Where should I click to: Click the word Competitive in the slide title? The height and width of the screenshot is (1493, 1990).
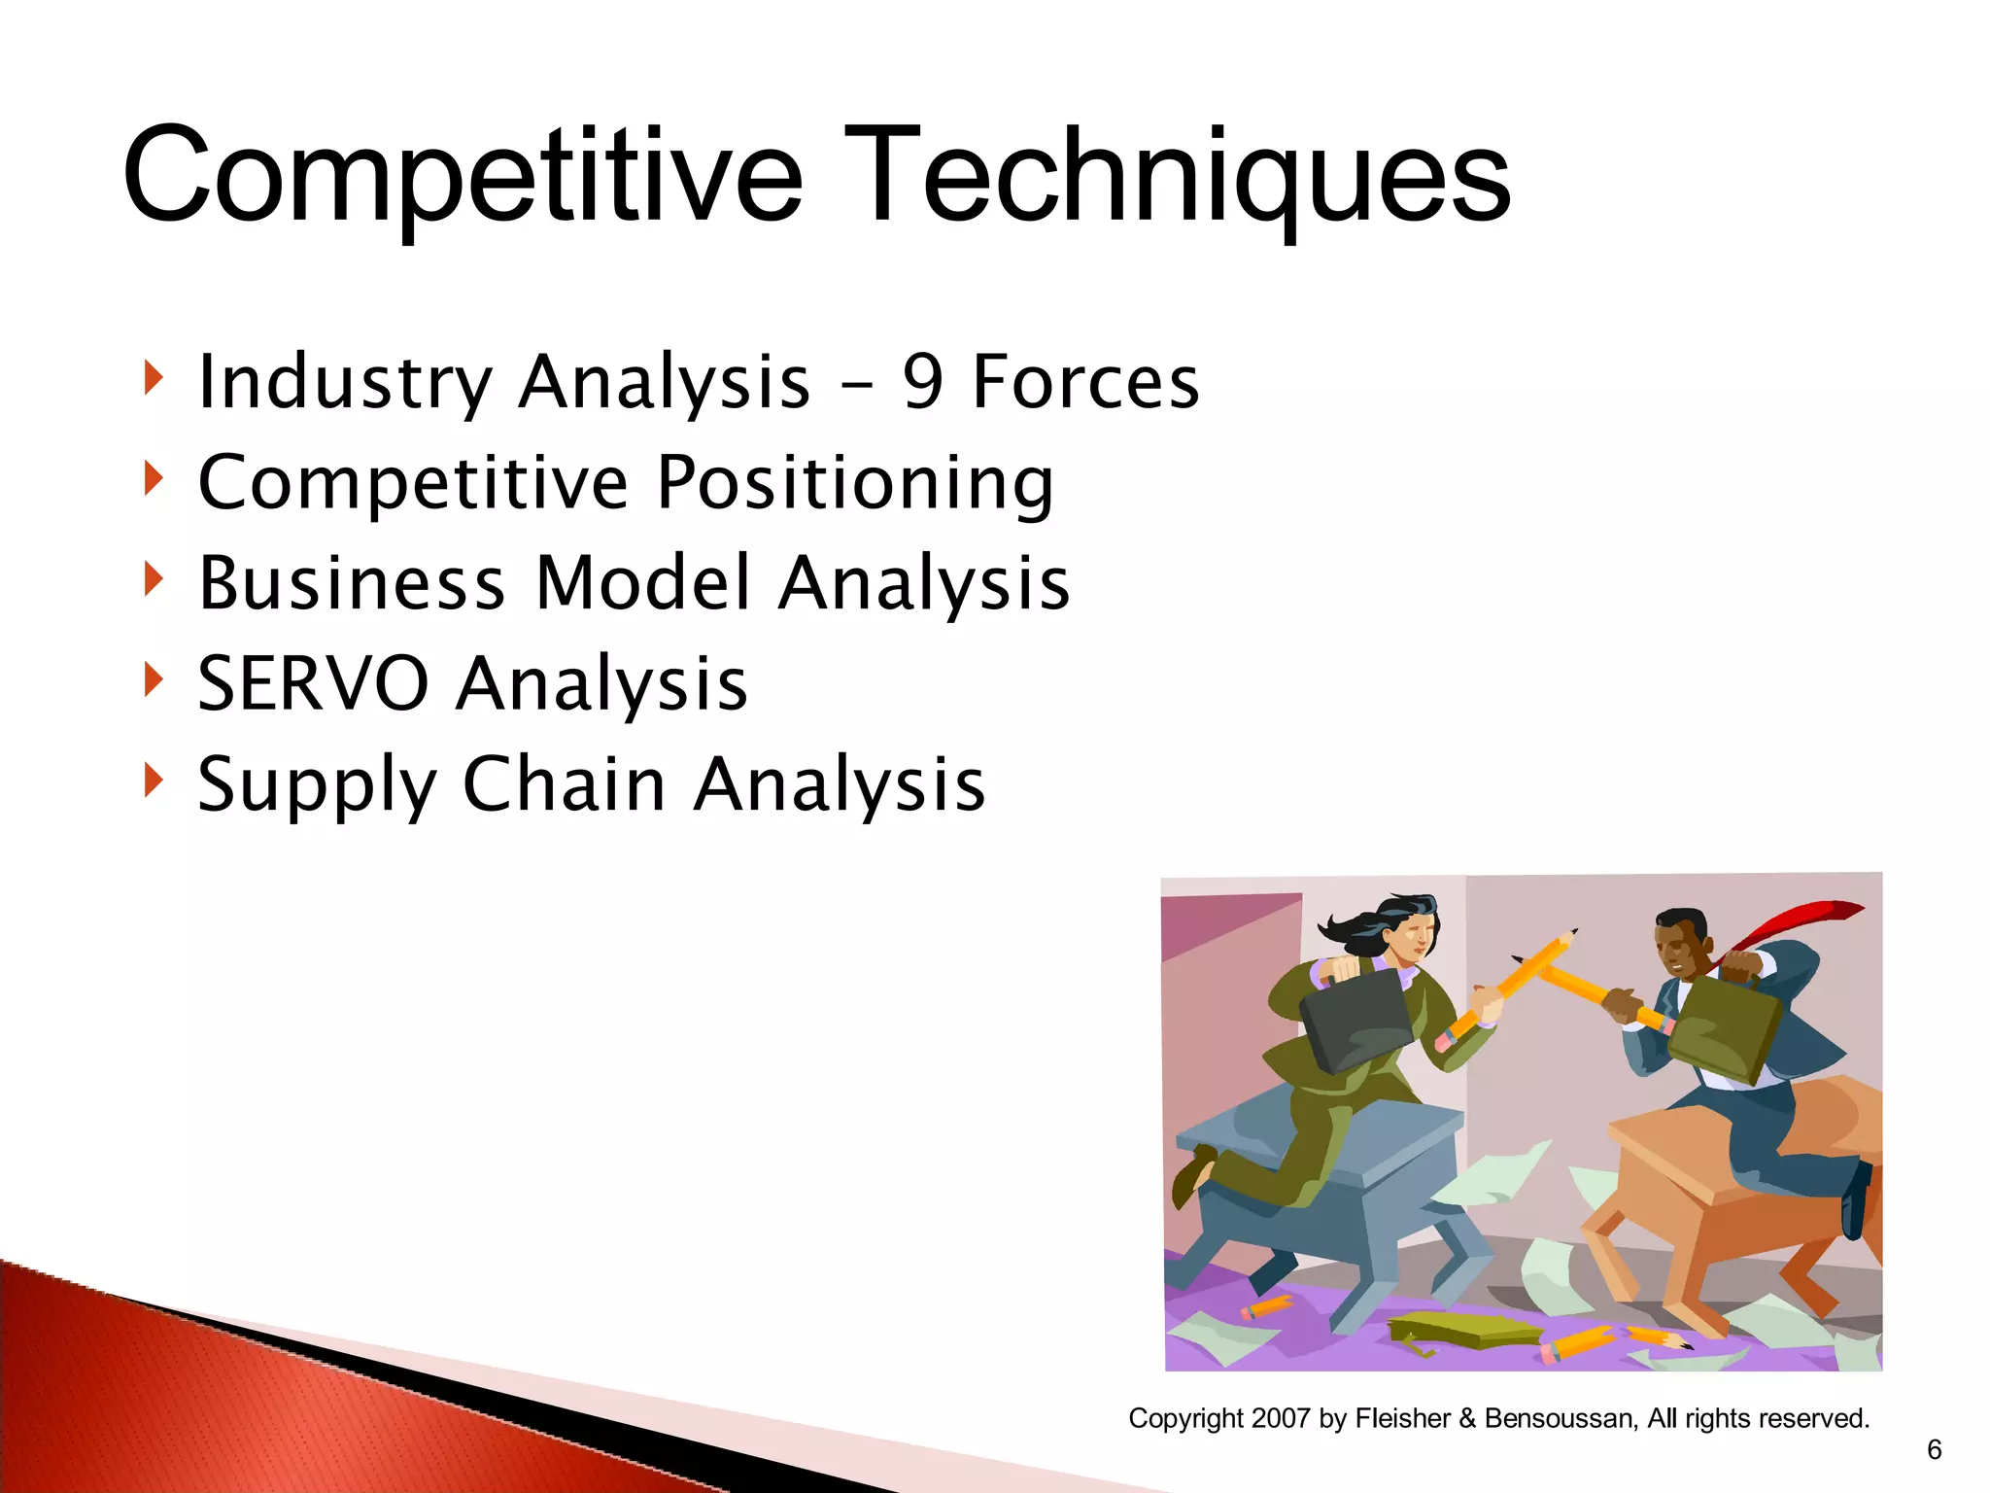point(463,177)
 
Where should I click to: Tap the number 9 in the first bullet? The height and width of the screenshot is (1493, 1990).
point(922,382)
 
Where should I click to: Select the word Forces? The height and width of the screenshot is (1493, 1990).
point(1085,382)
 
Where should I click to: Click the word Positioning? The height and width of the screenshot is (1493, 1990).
point(855,483)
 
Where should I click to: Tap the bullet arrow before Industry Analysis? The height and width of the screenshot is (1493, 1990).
point(153,376)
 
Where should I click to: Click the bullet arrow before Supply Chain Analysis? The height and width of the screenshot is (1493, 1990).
point(153,779)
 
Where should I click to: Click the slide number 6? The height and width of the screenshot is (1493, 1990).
point(1934,1449)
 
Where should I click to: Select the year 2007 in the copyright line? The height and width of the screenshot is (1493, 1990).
point(1282,1418)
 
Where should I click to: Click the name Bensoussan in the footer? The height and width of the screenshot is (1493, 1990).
point(1561,1418)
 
